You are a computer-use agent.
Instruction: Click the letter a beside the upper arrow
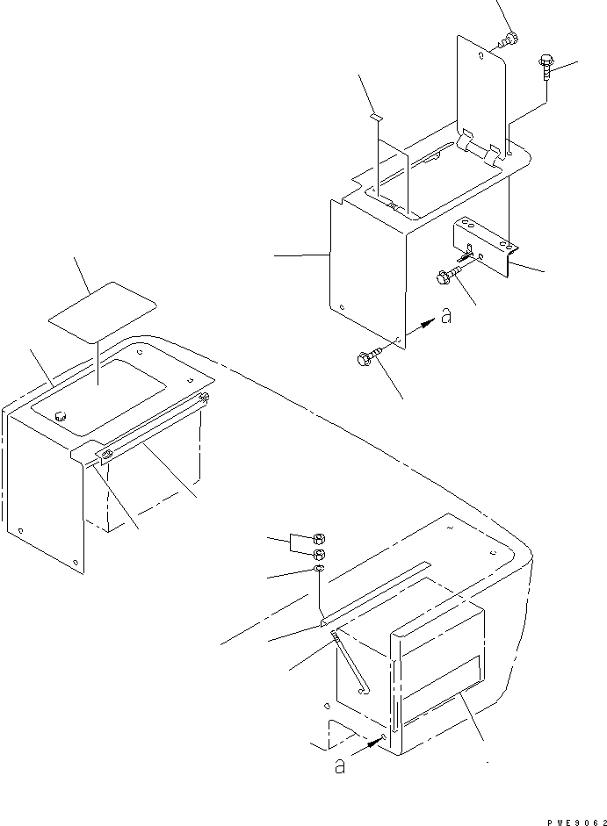coord(446,316)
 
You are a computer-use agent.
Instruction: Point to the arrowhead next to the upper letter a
coord(428,324)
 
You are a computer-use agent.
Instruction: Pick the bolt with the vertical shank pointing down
coord(544,66)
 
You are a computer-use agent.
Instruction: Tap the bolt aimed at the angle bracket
coord(446,276)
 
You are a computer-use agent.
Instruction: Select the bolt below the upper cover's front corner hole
coord(366,358)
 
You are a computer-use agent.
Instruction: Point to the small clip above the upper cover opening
coord(375,115)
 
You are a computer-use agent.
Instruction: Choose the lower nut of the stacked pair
coord(321,555)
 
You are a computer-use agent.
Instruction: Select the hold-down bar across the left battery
coord(149,427)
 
